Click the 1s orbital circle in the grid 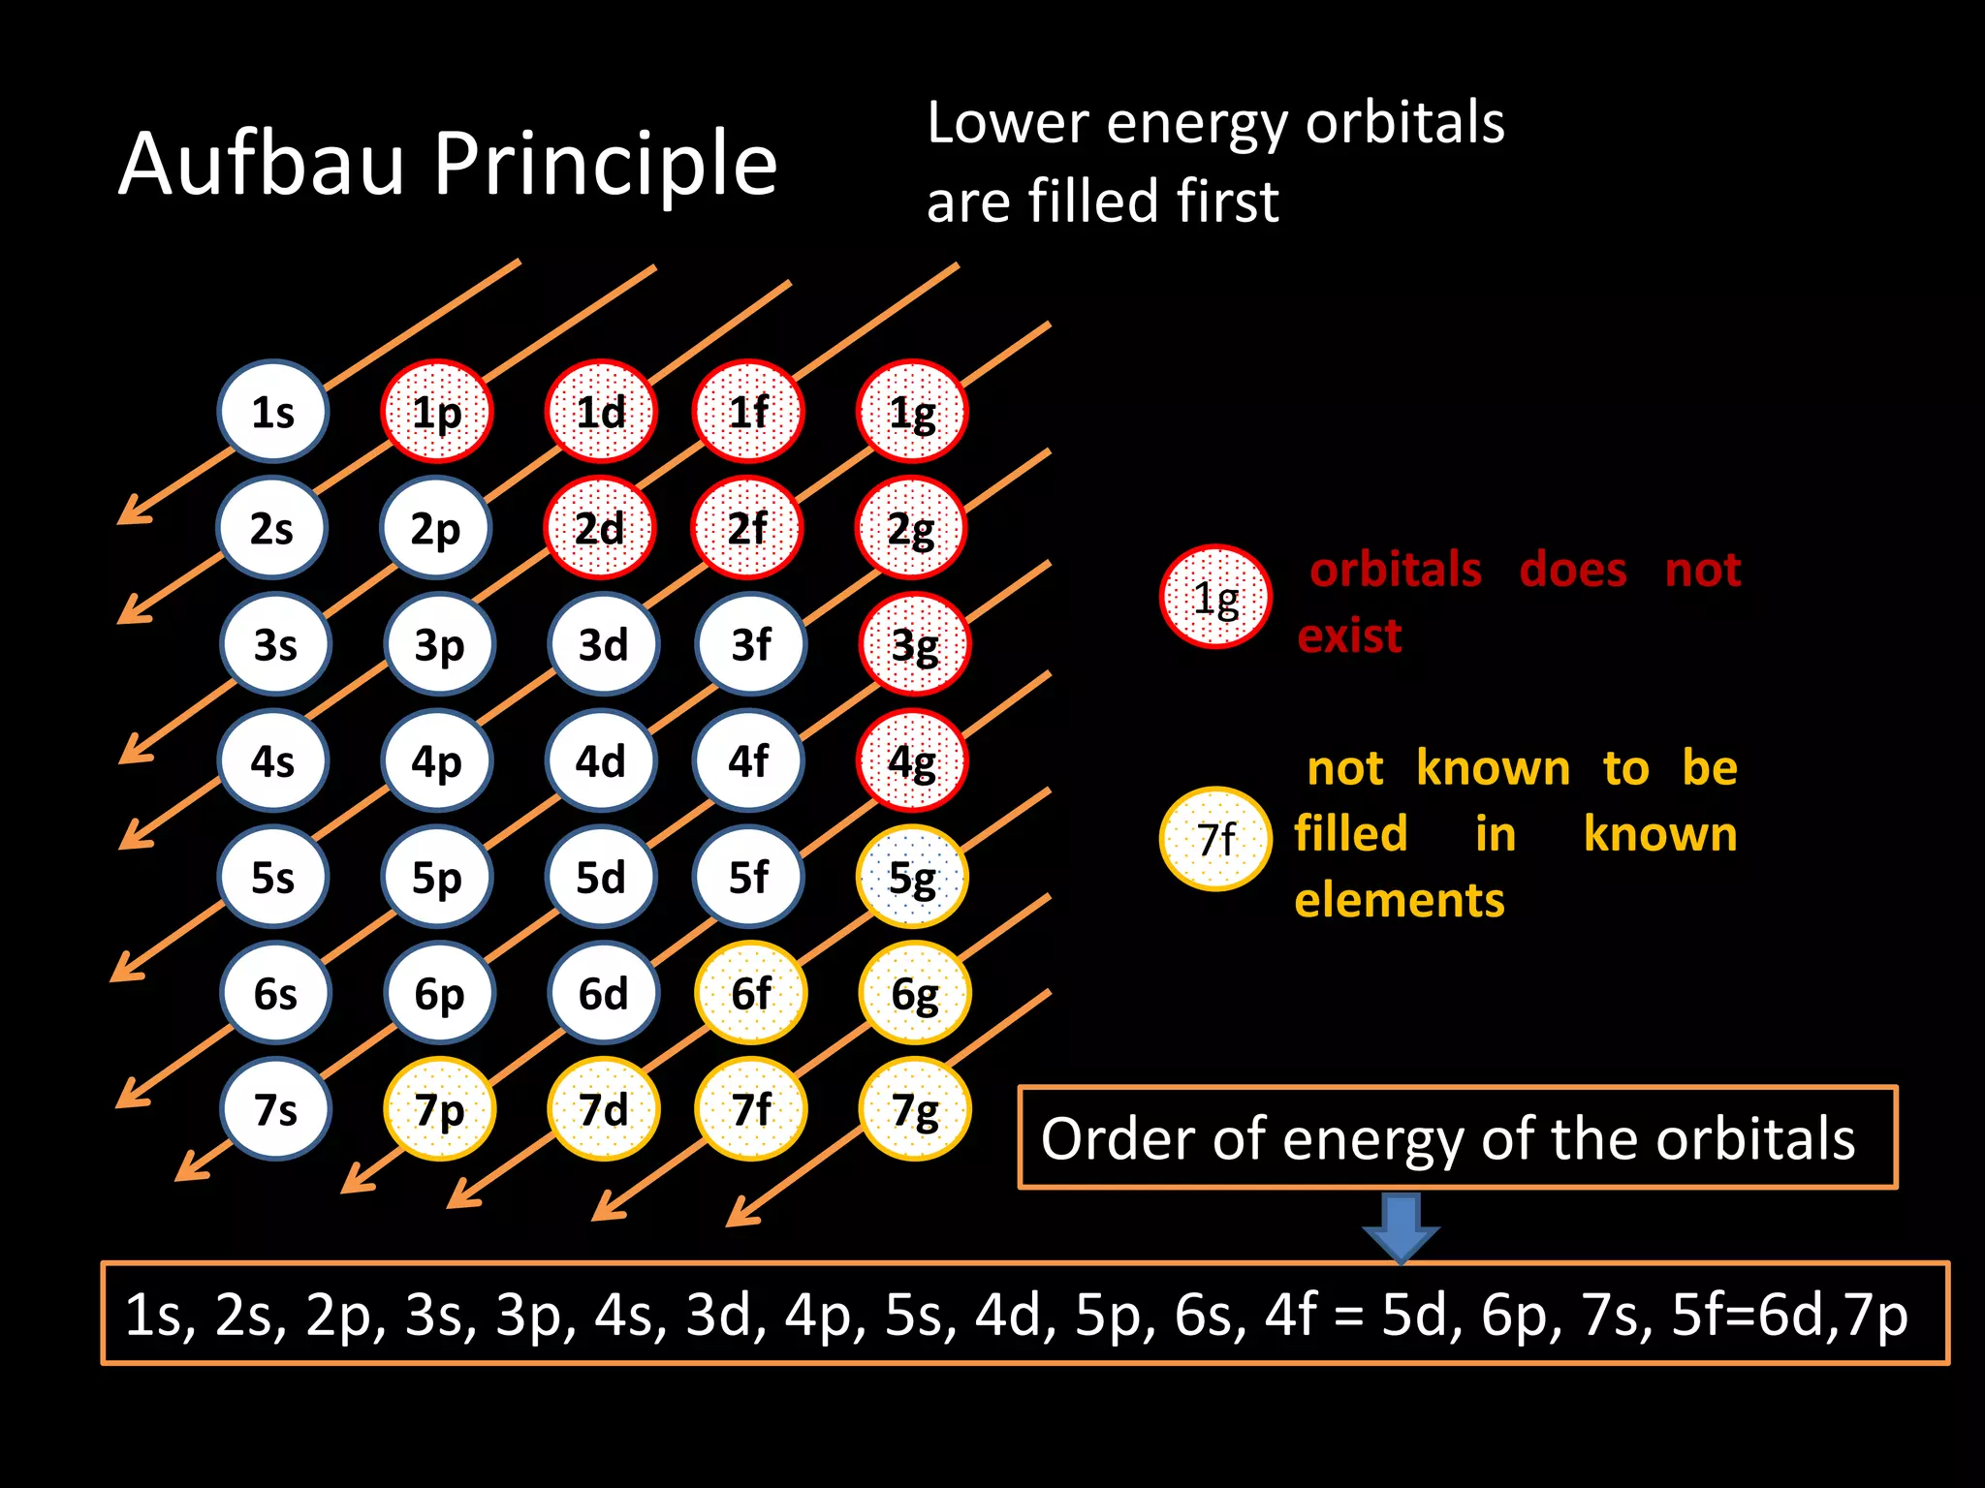pos(272,412)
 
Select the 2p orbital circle pos(436,528)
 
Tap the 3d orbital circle pos(603,644)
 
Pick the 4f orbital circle pos(748,760)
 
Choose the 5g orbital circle pos(912,877)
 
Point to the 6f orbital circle pos(750,993)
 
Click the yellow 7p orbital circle pos(439,1109)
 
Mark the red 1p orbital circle pos(436,412)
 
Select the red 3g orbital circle pos(914,644)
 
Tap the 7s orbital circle pos(275,1109)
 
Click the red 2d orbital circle pos(600,528)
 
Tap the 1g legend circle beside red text pos(1215,597)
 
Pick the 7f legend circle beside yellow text pos(1215,839)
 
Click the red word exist pos(1349,636)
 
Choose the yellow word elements pos(1400,900)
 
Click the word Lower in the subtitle pos(1008,123)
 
